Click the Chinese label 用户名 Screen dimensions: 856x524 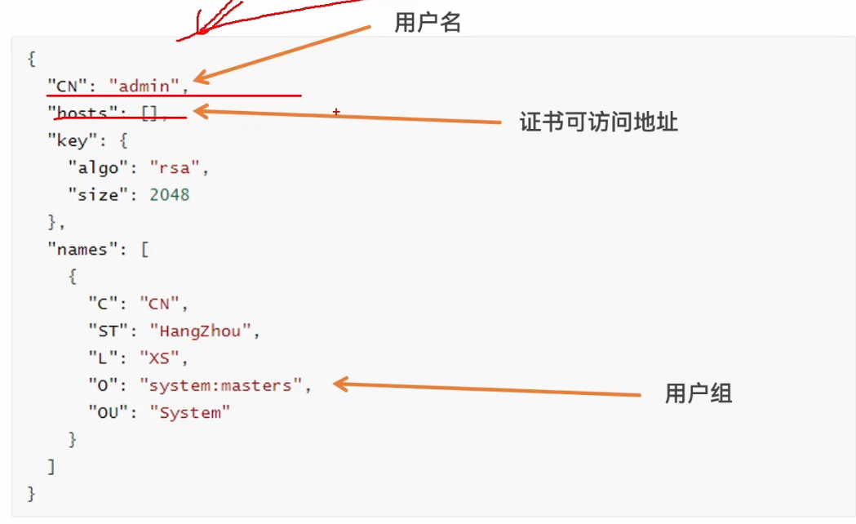point(428,23)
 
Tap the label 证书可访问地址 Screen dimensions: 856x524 point(599,122)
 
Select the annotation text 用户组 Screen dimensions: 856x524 point(699,394)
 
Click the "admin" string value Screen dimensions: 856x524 point(144,85)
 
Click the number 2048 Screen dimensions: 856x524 point(169,195)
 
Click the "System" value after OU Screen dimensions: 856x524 point(189,413)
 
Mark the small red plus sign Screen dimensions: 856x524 point(335,111)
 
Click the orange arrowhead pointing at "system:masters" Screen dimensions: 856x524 point(340,384)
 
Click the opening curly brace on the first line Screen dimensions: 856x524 point(31,58)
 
